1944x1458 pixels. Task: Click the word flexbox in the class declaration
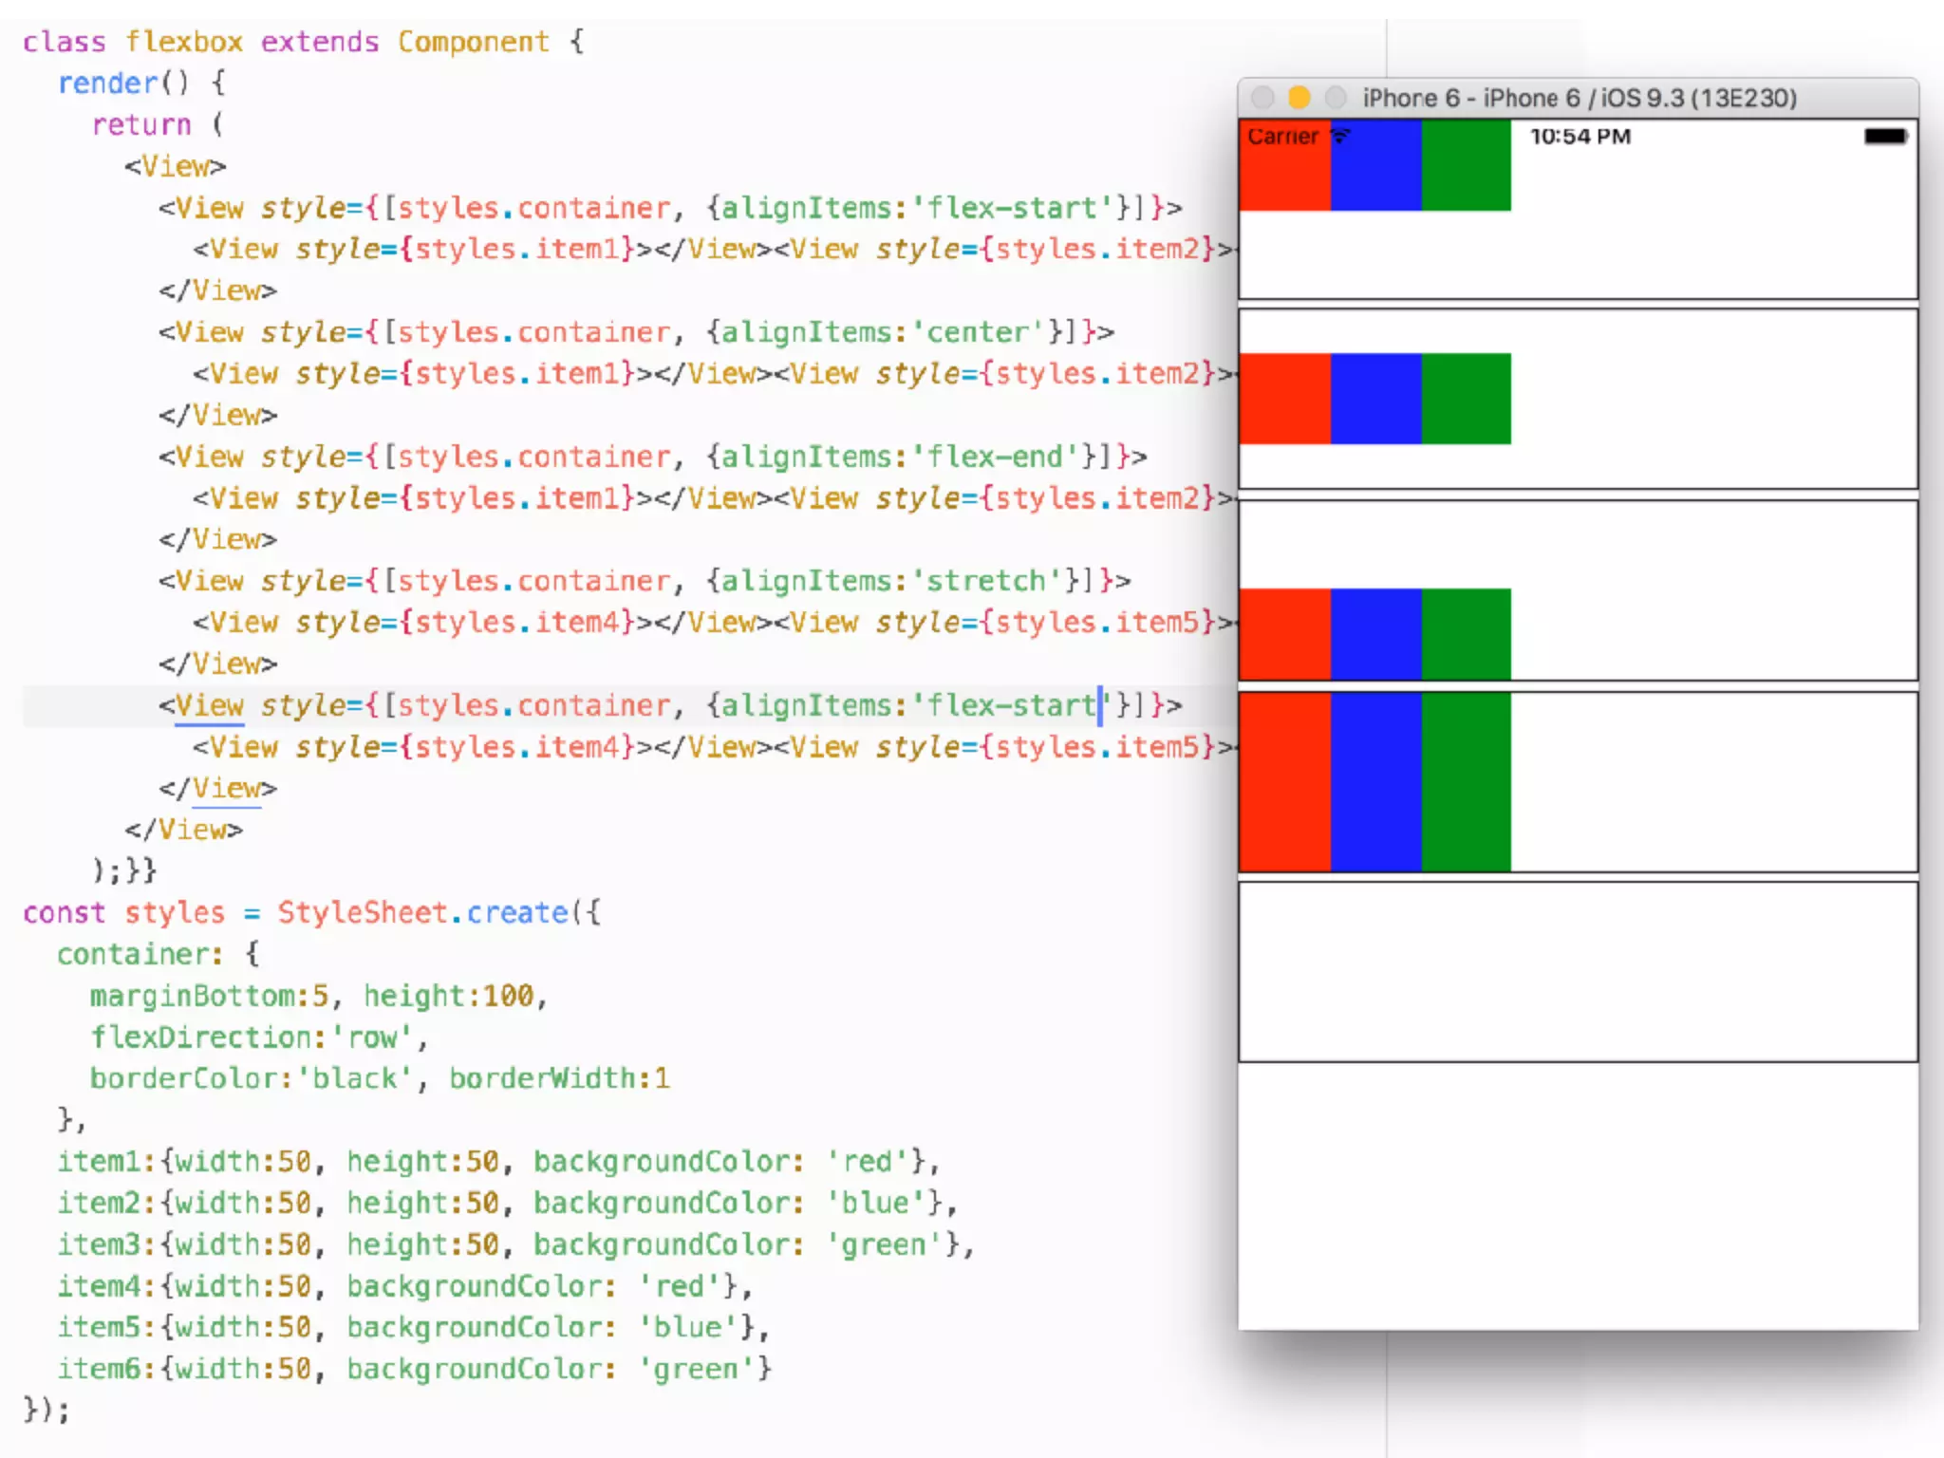pyautogui.click(x=184, y=43)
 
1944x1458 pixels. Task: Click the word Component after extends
pyautogui.click(x=473, y=43)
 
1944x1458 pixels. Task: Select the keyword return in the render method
pyautogui.click(x=141, y=125)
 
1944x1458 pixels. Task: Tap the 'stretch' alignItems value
pyautogui.click(x=986, y=582)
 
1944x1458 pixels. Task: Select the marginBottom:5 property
pyautogui.click(x=209, y=997)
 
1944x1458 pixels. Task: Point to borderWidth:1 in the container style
pyautogui.click(x=559, y=1079)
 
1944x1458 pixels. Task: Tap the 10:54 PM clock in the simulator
pyautogui.click(x=1580, y=137)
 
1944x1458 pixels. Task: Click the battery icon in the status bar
pyautogui.click(x=1884, y=137)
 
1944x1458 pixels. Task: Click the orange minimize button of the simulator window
pyautogui.click(x=1299, y=98)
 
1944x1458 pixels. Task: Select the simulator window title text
pyautogui.click(x=1579, y=98)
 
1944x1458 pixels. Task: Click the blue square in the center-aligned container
pyautogui.click(x=1375, y=399)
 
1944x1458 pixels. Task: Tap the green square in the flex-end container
pyautogui.click(x=1466, y=633)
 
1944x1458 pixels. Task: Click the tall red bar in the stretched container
pyautogui.click(x=1284, y=781)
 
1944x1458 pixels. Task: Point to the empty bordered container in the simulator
pyautogui.click(x=1578, y=972)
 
